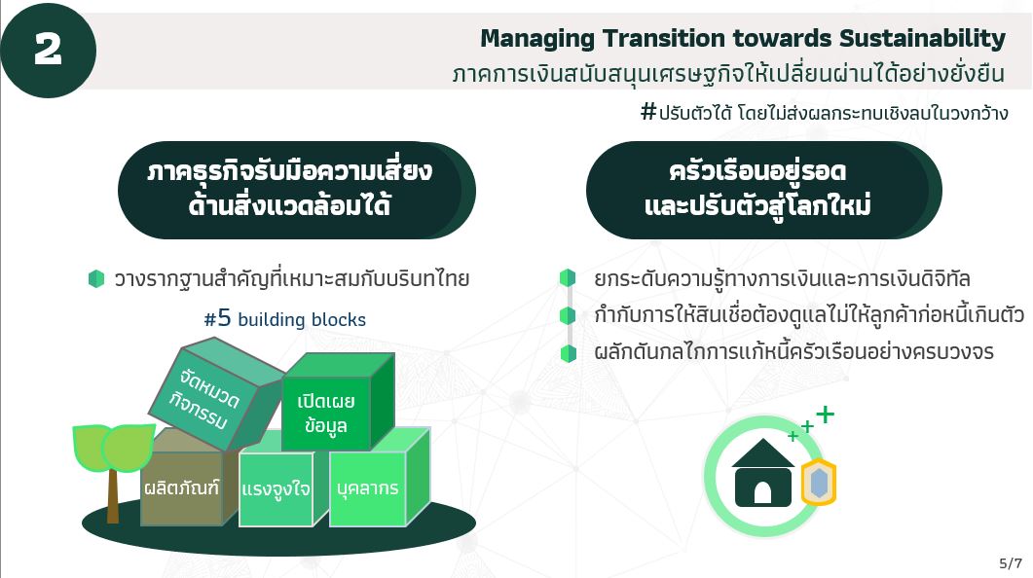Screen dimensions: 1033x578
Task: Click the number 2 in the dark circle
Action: click(48, 50)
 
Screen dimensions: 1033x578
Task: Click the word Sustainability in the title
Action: click(922, 39)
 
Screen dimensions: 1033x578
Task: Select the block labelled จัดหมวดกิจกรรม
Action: click(215, 394)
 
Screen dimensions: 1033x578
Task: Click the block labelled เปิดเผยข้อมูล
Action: click(337, 402)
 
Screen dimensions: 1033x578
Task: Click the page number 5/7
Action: click(1011, 562)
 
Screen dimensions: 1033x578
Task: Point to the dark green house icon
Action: click(763, 473)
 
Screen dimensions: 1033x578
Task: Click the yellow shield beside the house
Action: click(818, 482)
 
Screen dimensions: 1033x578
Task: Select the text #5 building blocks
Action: click(284, 318)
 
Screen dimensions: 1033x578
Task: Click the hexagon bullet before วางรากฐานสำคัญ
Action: click(96, 278)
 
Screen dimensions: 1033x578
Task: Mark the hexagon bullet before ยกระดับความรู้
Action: click(568, 277)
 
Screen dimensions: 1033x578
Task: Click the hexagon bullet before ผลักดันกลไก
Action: click(568, 353)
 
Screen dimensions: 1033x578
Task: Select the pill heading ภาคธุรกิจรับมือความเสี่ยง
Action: click(296, 190)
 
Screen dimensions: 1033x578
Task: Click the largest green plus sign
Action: click(825, 415)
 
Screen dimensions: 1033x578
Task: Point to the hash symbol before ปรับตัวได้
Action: click(648, 111)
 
